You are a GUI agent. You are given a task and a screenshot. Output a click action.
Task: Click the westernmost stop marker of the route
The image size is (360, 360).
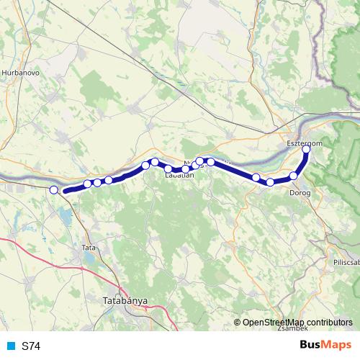(53, 189)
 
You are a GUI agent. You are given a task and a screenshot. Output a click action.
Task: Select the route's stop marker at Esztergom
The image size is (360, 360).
(307, 148)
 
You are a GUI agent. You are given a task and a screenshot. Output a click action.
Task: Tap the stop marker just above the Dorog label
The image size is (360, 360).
(293, 176)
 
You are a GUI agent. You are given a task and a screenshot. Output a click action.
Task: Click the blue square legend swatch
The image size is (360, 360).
(10, 346)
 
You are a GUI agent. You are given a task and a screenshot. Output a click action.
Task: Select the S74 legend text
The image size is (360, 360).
(31, 346)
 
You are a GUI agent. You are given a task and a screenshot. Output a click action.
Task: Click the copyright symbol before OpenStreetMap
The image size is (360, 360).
(238, 322)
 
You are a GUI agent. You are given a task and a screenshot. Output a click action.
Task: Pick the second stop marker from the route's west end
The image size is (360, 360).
(87, 184)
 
